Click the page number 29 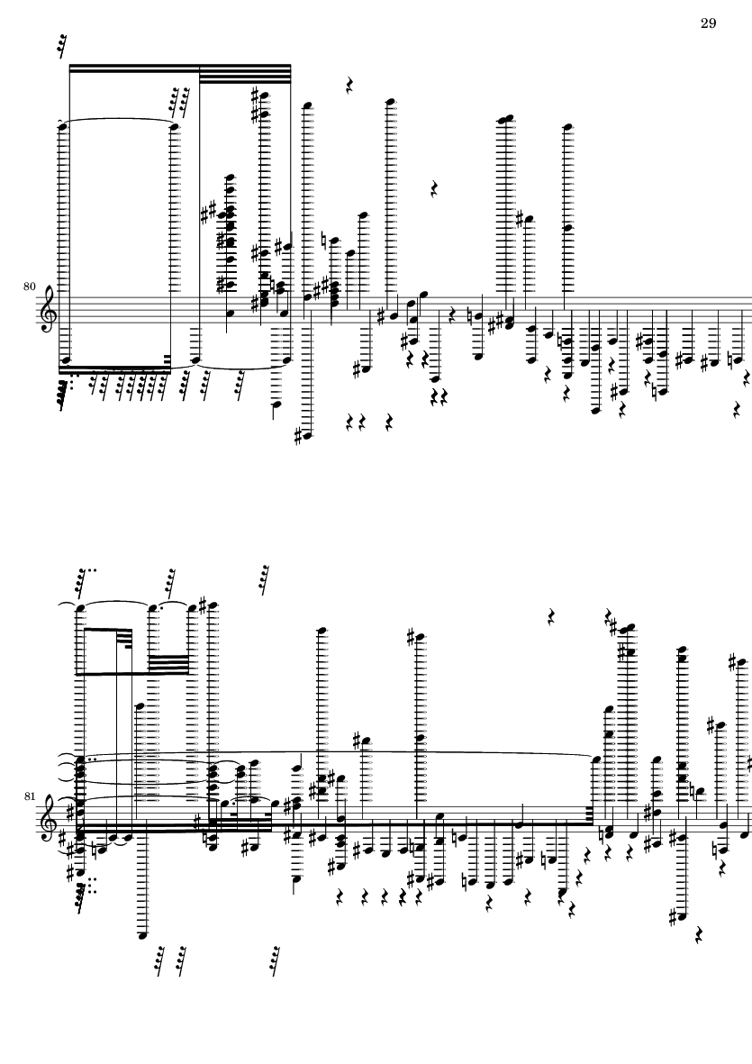coord(708,23)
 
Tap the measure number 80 coord(29,287)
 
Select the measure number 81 coord(29,796)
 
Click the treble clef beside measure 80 coord(49,309)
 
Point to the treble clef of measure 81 coord(49,818)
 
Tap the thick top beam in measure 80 coord(180,68)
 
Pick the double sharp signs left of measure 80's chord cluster coord(209,212)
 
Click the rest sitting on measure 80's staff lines coord(452,314)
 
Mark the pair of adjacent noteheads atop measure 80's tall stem coord(506,120)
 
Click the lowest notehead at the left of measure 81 coord(141,936)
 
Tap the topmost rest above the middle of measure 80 coord(350,86)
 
